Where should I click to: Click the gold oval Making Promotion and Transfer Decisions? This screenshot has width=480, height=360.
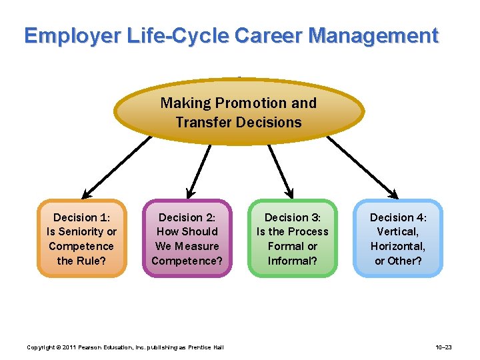pyautogui.click(x=239, y=112)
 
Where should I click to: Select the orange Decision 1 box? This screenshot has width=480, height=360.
pyautogui.click(x=81, y=239)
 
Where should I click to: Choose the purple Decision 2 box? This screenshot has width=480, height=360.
pyautogui.click(x=187, y=239)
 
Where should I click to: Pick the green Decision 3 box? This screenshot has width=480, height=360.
pyautogui.click(x=292, y=239)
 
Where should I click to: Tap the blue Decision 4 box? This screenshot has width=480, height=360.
pyautogui.click(x=398, y=239)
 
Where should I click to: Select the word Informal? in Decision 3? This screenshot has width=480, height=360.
pyautogui.click(x=292, y=261)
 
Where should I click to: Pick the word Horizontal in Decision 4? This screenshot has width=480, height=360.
pyautogui.click(x=397, y=246)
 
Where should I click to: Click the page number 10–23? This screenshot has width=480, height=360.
pyautogui.click(x=443, y=347)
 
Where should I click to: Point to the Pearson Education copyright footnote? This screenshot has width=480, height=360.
pyautogui.click(x=125, y=347)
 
